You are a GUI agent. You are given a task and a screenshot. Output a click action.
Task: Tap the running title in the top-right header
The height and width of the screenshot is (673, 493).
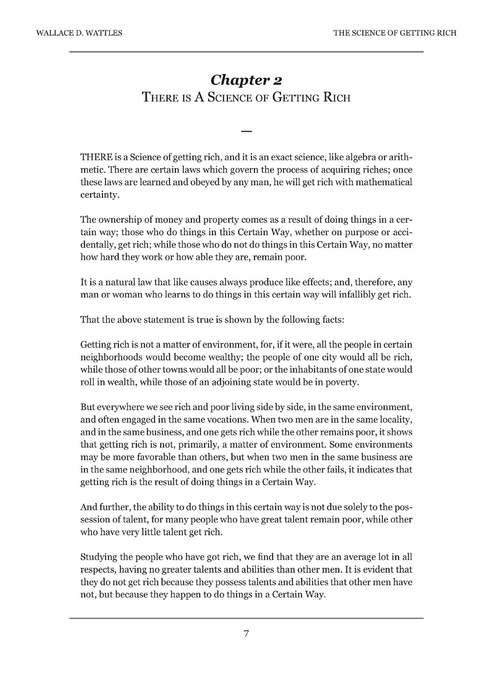coord(394,33)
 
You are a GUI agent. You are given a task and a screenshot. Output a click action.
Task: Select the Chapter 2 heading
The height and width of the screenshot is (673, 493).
coord(246,79)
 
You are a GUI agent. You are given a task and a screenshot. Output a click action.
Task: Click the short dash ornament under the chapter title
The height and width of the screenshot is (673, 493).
coord(246,131)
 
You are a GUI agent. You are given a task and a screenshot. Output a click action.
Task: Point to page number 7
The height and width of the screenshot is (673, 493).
coord(246,634)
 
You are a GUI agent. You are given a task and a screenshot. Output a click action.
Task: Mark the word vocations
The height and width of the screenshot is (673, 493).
coord(227,420)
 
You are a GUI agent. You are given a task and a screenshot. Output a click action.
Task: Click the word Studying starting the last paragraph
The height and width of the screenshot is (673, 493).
coord(99,557)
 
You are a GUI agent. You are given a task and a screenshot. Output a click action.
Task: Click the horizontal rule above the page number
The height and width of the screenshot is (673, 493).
coord(246,618)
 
